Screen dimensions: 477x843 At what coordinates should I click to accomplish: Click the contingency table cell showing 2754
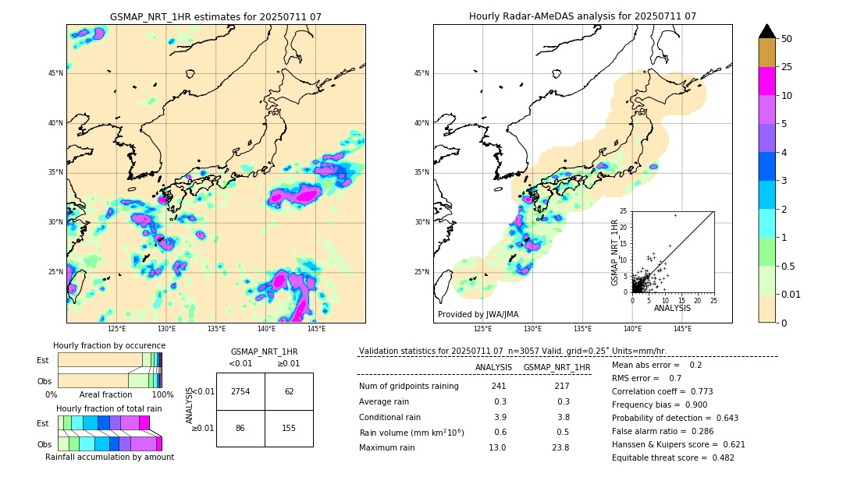(x=240, y=391)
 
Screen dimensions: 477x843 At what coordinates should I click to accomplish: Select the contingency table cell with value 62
(x=289, y=391)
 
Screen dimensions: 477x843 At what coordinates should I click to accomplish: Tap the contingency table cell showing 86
(x=240, y=428)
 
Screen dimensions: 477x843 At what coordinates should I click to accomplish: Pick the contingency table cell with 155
(x=289, y=428)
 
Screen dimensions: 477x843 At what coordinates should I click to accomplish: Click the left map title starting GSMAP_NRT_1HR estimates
(x=215, y=16)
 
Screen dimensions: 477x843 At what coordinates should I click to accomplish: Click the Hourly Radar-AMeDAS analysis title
(x=582, y=16)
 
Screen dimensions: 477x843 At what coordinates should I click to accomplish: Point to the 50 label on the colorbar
(x=787, y=39)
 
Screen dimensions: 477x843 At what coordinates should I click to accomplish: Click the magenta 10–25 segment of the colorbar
(x=767, y=81)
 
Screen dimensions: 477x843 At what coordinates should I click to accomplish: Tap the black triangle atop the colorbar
(x=767, y=31)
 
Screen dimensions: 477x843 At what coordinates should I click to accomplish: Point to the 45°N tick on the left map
(x=55, y=73)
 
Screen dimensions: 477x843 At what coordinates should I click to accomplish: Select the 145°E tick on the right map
(x=682, y=329)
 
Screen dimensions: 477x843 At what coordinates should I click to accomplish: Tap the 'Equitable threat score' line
(x=673, y=458)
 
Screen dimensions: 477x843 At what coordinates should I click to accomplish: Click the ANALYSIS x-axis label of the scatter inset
(x=672, y=308)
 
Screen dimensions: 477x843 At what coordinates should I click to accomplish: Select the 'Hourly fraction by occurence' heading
(x=109, y=345)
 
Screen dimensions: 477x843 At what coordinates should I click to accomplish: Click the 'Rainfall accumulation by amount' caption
(x=109, y=457)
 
